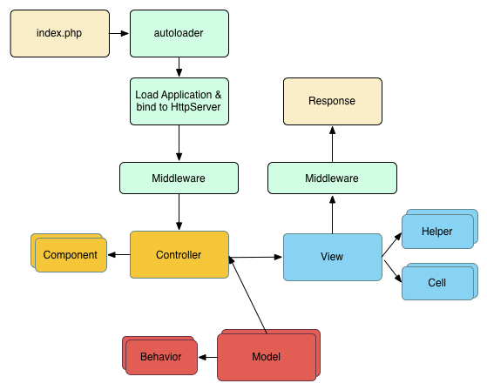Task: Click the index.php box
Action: pos(59,33)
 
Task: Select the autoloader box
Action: pos(179,33)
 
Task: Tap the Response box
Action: pos(332,101)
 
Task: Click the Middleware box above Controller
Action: pos(179,178)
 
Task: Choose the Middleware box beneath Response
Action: pos(332,178)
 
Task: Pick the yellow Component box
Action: pos(71,255)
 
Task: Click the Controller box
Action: pos(179,255)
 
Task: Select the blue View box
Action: pos(332,257)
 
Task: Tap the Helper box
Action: pos(437,232)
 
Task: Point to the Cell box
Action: pos(437,283)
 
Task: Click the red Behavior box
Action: pos(161,357)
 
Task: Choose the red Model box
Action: pos(267,357)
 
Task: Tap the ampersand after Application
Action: pos(218,94)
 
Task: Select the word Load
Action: pos(145,94)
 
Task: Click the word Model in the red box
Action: pos(267,357)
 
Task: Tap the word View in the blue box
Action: pos(332,257)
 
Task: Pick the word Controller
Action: pos(179,255)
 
